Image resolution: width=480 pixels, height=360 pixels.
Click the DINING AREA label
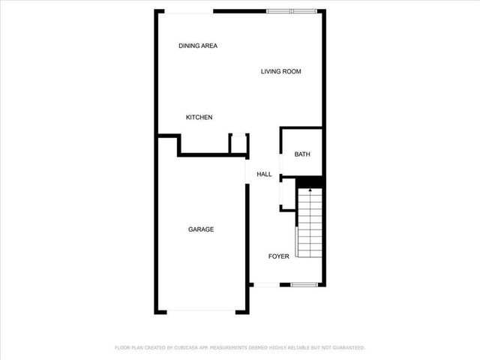pyautogui.click(x=198, y=46)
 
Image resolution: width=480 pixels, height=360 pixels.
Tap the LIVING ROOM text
pyautogui.click(x=280, y=71)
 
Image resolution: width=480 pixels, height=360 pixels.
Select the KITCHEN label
pyautogui.click(x=199, y=117)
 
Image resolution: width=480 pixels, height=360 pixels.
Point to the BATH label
pyautogui.click(x=301, y=154)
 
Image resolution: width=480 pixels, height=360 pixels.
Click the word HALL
pyautogui.click(x=264, y=174)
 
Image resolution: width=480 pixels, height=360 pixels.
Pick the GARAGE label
pyautogui.click(x=200, y=229)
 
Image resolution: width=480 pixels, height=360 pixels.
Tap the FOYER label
pyautogui.click(x=278, y=256)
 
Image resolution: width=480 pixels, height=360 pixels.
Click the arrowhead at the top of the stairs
pyautogui.click(x=310, y=191)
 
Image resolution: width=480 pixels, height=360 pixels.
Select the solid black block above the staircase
pyautogui.click(x=310, y=182)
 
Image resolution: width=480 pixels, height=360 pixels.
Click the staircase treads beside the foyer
pyautogui.click(x=310, y=225)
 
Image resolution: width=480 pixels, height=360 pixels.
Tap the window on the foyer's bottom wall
pyautogui.click(x=303, y=284)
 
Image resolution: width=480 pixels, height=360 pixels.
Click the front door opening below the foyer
pyautogui.click(x=266, y=284)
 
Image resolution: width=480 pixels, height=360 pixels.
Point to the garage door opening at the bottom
pyautogui.click(x=200, y=311)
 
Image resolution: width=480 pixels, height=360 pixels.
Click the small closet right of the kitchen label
pyautogui.click(x=238, y=143)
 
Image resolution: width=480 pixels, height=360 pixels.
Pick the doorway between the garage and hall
pyautogui.click(x=247, y=174)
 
